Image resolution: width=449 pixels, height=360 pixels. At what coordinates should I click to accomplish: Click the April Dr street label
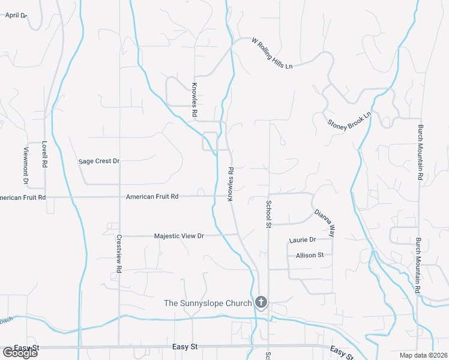tap(16, 15)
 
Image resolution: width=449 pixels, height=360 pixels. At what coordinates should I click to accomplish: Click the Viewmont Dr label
tap(26, 166)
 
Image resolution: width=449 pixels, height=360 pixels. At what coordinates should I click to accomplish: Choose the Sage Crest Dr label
tap(100, 161)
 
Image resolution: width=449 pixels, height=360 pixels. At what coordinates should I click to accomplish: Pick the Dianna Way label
tap(324, 223)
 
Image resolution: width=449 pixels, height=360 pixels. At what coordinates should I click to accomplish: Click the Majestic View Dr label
tap(179, 236)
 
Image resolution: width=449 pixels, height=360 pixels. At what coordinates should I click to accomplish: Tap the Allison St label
tap(310, 255)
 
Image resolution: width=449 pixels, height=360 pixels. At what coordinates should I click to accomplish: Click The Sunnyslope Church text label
tap(208, 303)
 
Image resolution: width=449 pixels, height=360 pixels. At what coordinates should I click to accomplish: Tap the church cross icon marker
tap(261, 302)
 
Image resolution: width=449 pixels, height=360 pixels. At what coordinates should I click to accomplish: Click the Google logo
tap(20, 353)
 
